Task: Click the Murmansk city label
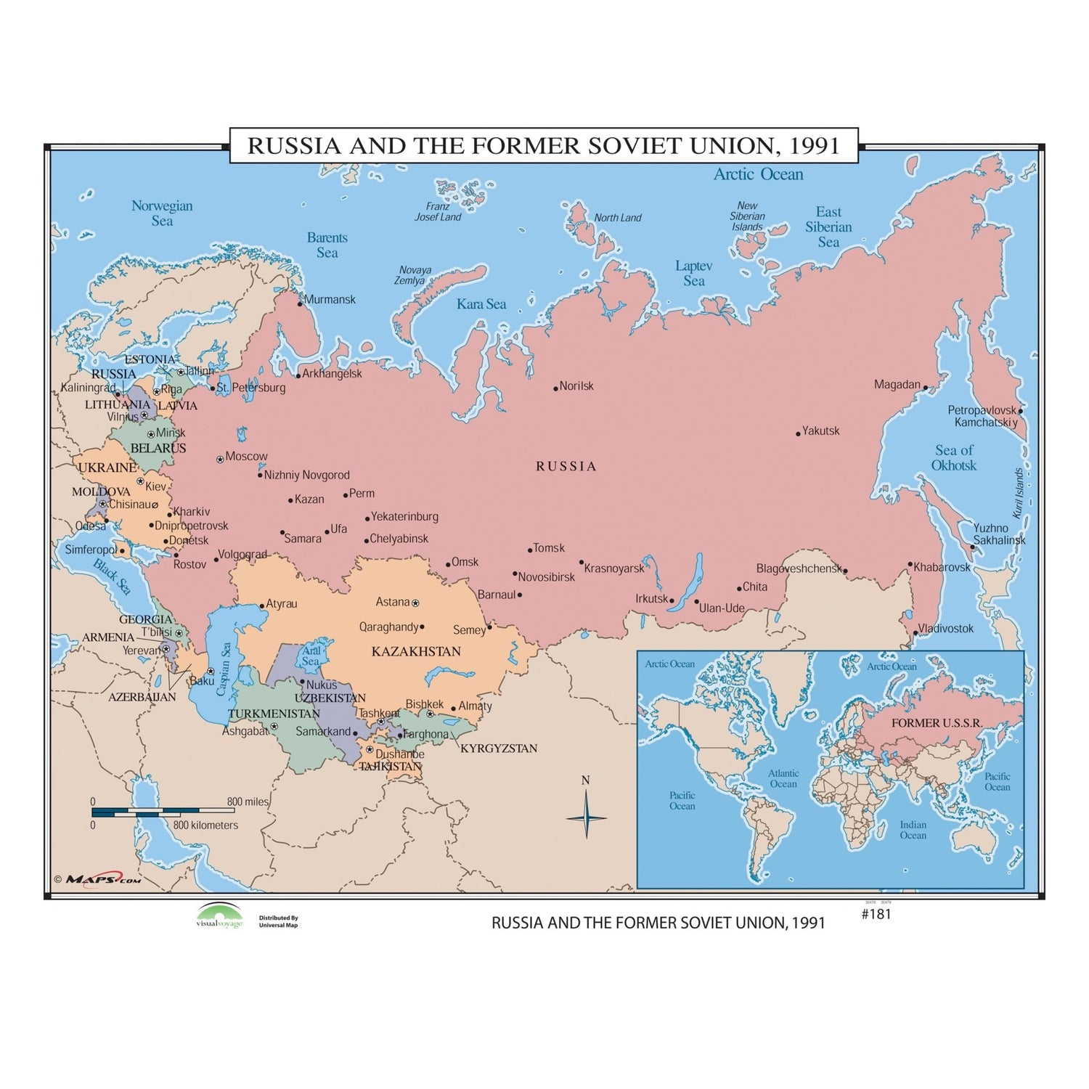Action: pos(330,300)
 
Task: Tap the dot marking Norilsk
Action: pos(556,388)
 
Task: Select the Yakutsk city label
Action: pos(820,431)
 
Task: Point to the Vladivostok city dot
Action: pos(915,633)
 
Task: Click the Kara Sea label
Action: pos(481,304)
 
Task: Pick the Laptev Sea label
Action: pos(693,274)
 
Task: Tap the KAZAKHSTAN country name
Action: pos(416,651)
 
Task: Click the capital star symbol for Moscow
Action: pos(220,460)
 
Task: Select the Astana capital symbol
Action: pos(415,603)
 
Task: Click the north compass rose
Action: pos(586,816)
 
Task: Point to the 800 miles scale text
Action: pos(248,802)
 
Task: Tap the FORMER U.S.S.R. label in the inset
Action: pos(937,723)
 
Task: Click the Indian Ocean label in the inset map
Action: pos(913,830)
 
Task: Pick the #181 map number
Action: pos(876,914)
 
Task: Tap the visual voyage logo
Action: pos(219,916)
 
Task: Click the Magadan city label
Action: pos(897,385)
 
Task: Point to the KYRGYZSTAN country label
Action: pos(499,749)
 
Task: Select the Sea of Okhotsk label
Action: pos(954,458)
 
